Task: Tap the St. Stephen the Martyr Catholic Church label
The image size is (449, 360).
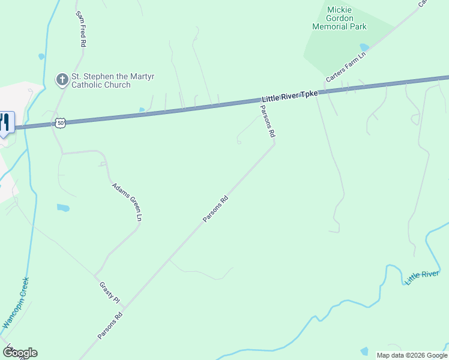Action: (x=101, y=80)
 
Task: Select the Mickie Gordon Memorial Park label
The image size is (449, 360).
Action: (x=339, y=18)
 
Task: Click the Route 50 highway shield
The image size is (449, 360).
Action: (x=60, y=122)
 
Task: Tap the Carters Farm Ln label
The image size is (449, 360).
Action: (x=346, y=67)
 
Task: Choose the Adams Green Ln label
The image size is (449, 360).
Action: (x=127, y=202)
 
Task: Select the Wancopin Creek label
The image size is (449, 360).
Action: (x=16, y=302)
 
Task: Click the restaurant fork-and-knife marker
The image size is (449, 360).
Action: (x=5, y=124)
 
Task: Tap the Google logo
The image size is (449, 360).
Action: (x=20, y=353)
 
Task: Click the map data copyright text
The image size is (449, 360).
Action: (x=412, y=355)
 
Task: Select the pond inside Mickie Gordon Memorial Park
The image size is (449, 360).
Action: (x=364, y=47)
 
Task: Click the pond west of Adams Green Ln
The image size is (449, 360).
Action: (x=63, y=208)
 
